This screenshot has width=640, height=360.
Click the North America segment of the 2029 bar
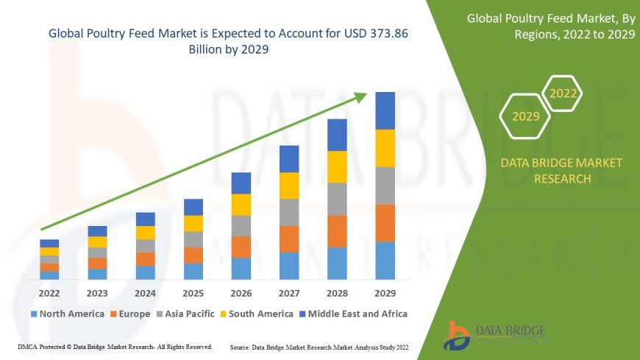click(385, 261)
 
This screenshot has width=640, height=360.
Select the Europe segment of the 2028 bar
click(337, 231)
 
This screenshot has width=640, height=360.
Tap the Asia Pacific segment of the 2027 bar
click(289, 212)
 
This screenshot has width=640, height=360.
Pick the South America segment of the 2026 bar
click(241, 205)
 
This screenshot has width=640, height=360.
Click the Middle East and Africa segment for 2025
click(193, 207)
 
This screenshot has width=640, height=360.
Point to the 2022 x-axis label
click(49, 292)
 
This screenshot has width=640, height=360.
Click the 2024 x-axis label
click(145, 292)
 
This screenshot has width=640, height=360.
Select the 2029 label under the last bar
click(385, 292)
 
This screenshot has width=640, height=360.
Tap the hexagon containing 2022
click(563, 93)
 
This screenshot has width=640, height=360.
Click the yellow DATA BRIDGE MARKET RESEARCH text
click(561, 171)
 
